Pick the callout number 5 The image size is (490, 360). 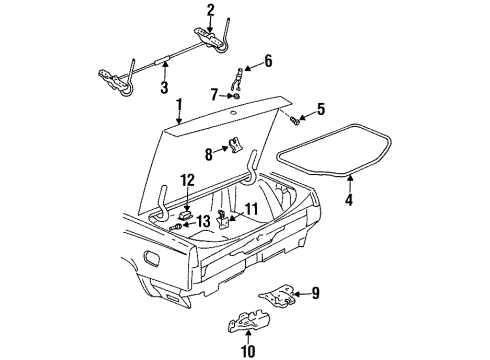[321, 108]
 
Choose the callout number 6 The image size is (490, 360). [267, 62]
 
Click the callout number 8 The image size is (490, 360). [208, 154]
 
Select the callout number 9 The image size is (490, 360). [315, 293]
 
